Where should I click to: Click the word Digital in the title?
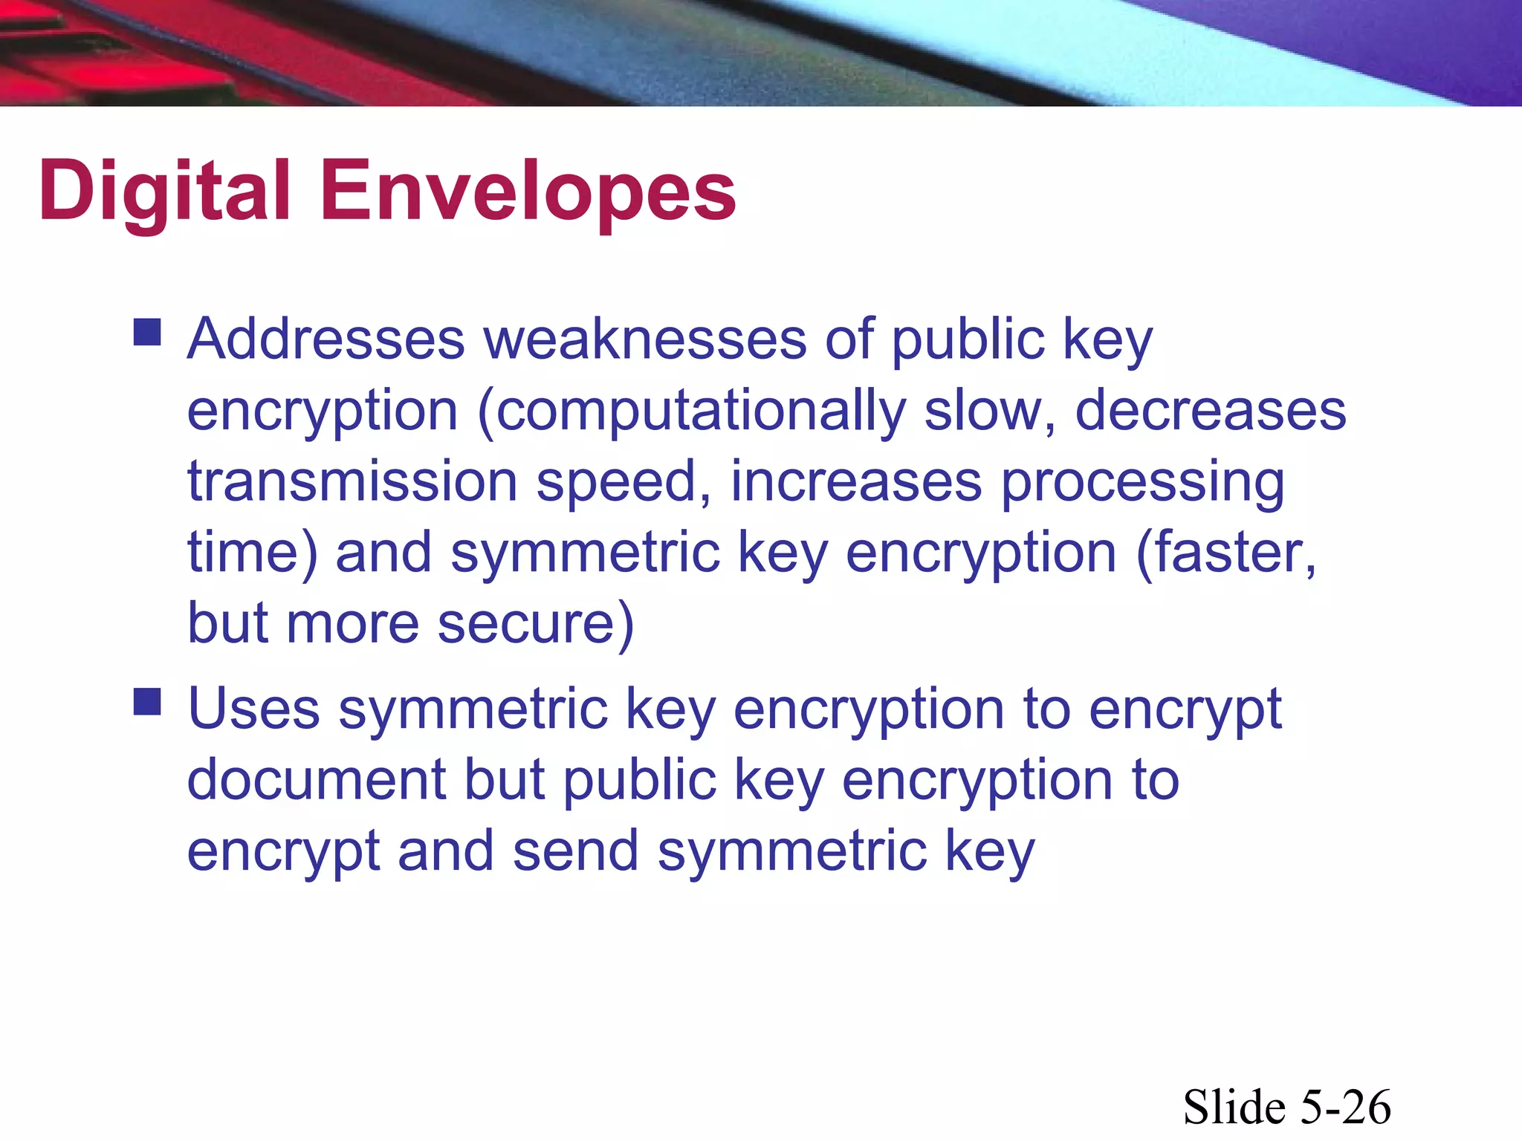(163, 192)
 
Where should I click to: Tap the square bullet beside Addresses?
(147, 333)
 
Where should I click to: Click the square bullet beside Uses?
(147, 701)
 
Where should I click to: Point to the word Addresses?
(326, 339)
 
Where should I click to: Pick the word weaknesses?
(645, 339)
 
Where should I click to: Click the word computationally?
(700, 411)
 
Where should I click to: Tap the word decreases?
(1210, 411)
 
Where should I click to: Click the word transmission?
(352, 481)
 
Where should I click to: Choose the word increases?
(856, 481)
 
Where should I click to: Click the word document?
(317, 779)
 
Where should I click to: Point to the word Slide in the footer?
(1235, 1107)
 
